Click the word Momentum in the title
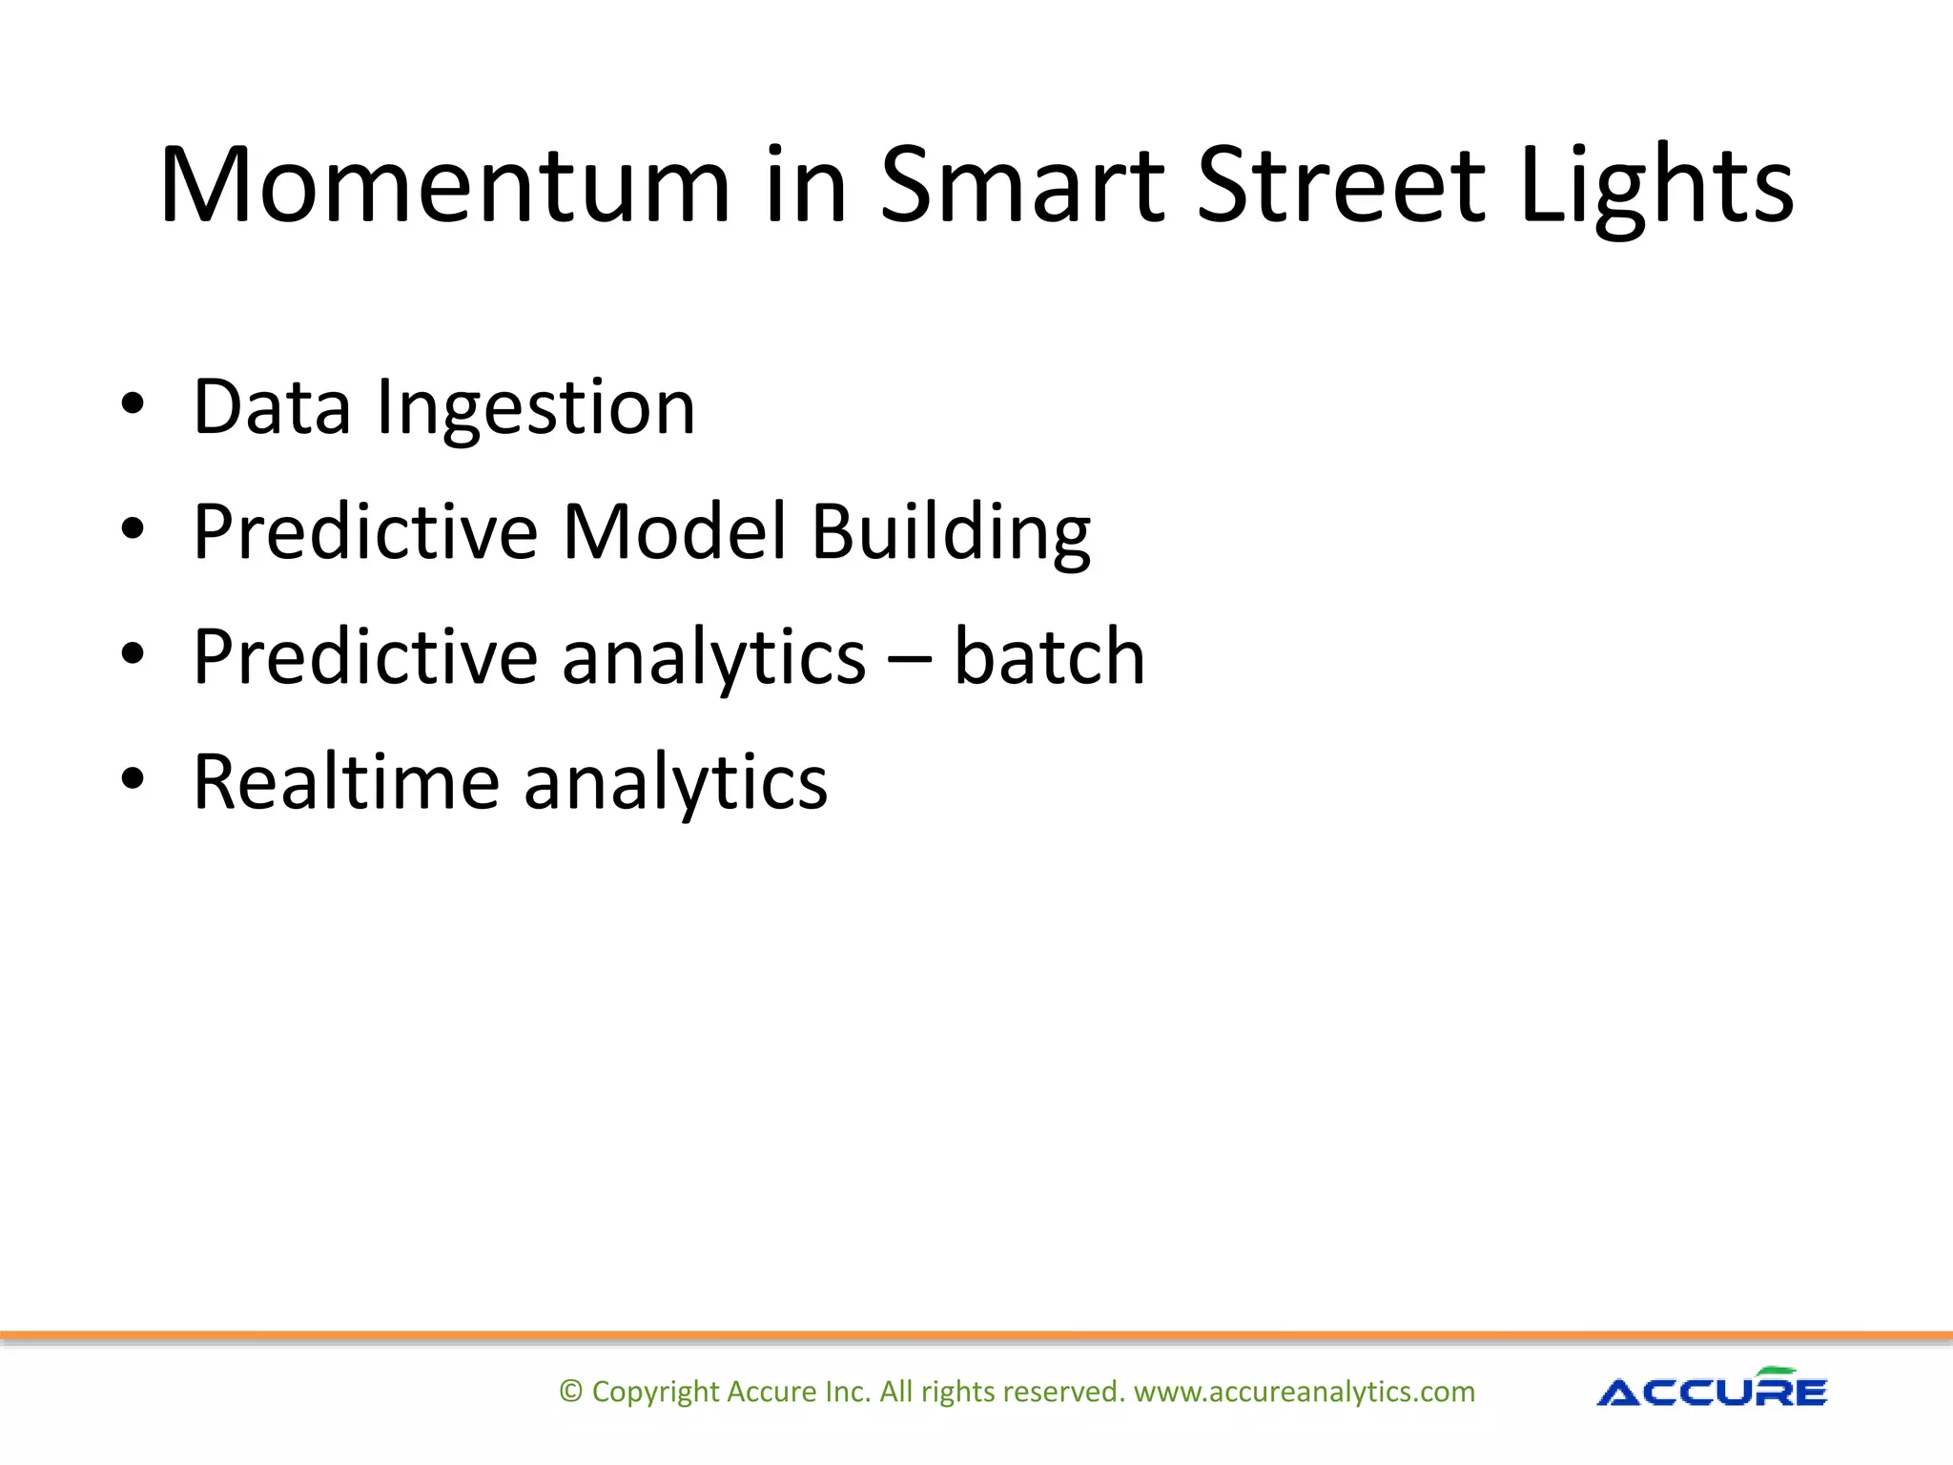point(444,185)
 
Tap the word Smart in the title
point(1021,185)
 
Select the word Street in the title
point(1339,185)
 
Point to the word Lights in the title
point(1656,185)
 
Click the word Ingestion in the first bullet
point(536,408)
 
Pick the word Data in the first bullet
point(272,408)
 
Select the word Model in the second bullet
point(674,531)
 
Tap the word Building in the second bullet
point(951,533)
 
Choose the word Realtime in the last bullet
point(346,782)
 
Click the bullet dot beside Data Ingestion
point(133,404)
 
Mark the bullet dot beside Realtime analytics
point(133,778)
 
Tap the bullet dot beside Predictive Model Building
point(133,527)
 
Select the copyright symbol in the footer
point(570,1392)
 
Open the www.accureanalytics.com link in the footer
point(1304,1392)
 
